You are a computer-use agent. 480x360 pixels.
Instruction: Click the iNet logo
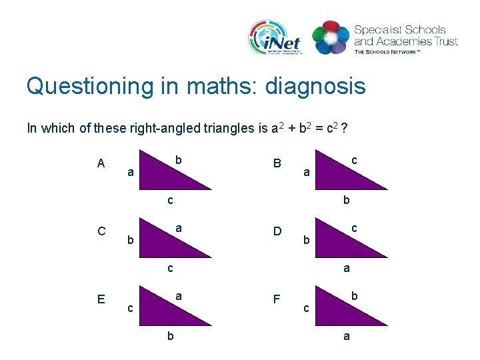coord(275,37)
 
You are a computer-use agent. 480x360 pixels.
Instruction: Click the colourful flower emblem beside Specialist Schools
coord(330,38)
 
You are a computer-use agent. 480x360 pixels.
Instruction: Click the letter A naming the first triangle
coord(101,163)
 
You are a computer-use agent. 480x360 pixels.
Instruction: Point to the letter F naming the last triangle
coord(275,299)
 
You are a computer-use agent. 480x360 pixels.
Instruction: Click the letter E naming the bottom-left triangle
coord(101,299)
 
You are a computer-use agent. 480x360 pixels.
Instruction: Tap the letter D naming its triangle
coord(275,232)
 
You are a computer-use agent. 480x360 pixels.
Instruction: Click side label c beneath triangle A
coord(171,201)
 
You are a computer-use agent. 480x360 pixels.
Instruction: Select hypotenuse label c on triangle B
coord(355,160)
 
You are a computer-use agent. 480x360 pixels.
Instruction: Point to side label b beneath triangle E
coord(171,337)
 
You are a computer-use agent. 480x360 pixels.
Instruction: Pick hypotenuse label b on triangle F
coord(355,295)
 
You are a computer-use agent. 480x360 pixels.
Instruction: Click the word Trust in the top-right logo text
coord(444,41)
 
